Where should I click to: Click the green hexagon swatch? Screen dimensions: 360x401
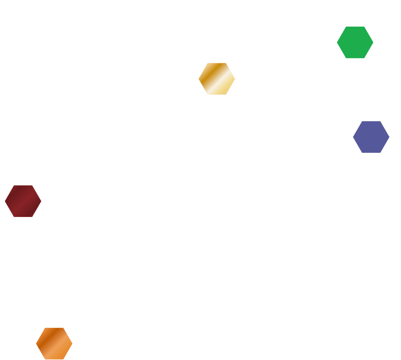355,42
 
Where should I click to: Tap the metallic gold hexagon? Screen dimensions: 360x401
217,79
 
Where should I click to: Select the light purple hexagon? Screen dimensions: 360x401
371,137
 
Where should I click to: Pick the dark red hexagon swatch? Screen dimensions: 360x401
23,201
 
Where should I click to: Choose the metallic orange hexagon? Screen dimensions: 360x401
54,343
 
